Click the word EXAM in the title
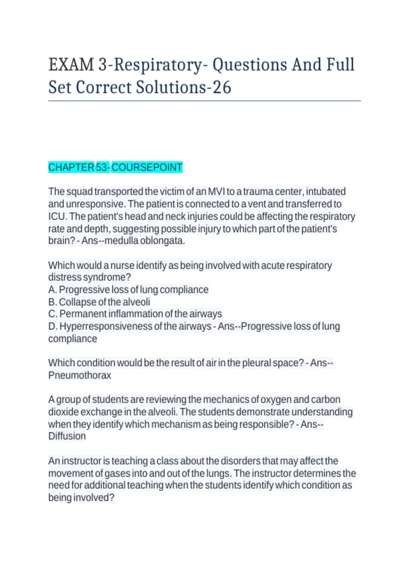pos(71,65)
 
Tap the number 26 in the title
pos(222,87)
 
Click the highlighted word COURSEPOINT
pos(147,168)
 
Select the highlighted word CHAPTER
pos(71,168)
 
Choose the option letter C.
pos(52,314)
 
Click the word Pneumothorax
pos(80,375)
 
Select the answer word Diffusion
pos(67,436)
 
